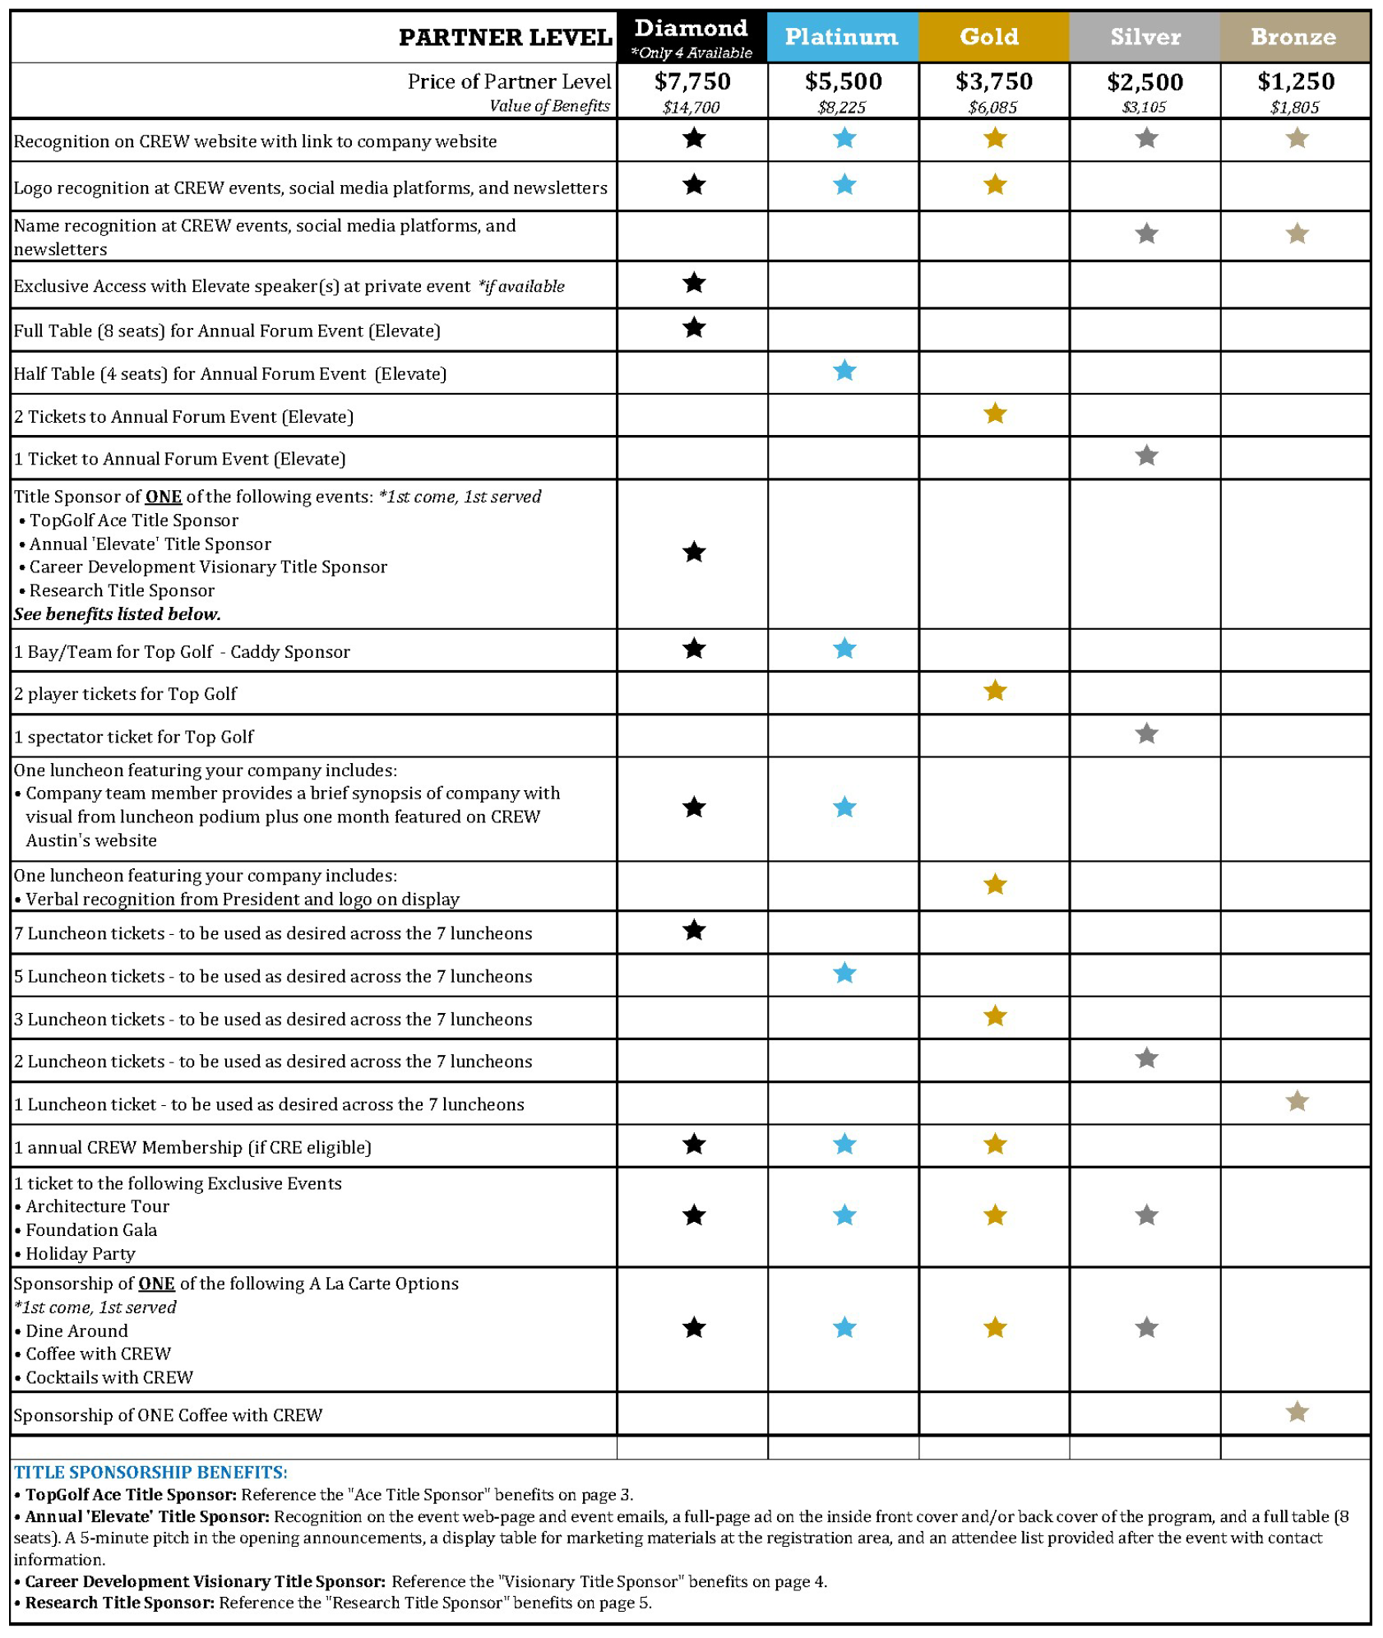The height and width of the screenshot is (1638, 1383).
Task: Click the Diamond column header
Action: (x=691, y=29)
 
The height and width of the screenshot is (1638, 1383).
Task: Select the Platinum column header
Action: (x=841, y=37)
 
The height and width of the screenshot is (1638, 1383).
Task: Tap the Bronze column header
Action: (x=1293, y=37)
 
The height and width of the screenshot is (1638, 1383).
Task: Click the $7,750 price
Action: (x=692, y=81)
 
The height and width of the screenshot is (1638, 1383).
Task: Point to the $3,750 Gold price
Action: (x=993, y=81)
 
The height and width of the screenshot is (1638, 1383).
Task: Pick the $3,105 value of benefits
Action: (x=1143, y=107)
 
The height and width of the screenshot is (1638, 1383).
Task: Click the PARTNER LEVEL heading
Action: (x=505, y=38)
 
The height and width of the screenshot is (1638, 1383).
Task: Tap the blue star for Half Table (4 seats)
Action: (x=844, y=371)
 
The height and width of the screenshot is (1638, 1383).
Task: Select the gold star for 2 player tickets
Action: (x=994, y=691)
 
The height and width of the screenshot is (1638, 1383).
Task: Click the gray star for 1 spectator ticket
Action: (x=1145, y=733)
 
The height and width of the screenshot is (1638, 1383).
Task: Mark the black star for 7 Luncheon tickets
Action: (x=694, y=930)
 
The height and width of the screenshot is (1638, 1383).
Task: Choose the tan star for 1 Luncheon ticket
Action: (x=1297, y=1101)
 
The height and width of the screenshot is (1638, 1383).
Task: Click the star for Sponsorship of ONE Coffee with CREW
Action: (x=1297, y=1412)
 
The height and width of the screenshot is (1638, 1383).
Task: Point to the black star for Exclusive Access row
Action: (x=694, y=283)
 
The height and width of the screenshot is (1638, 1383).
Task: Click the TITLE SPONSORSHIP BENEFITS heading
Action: (x=150, y=1472)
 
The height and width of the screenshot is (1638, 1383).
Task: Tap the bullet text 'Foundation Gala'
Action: (x=90, y=1230)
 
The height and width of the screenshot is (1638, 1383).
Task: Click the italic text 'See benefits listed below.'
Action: (x=117, y=614)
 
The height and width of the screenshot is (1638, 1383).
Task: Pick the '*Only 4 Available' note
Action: (x=691, y=53)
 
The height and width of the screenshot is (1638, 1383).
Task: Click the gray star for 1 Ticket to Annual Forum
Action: (x=1145, y=456)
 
